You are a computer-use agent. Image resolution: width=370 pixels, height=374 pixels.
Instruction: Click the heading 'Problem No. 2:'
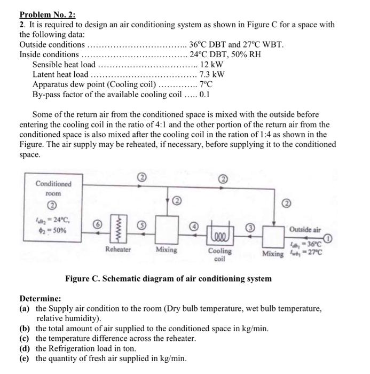[x=48, y=14]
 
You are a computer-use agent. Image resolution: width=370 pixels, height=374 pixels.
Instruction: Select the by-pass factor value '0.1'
[x=204, y=95]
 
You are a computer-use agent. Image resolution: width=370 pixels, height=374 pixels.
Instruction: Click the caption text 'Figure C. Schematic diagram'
[x=168, y=278]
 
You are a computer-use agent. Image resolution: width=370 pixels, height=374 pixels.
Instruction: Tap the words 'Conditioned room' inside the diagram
[x=53, y=188]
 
